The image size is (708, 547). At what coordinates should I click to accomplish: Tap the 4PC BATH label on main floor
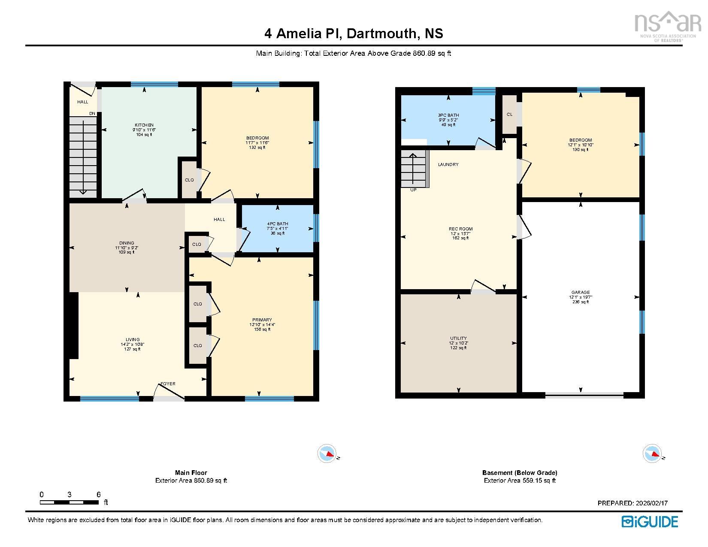pyautogui.click(x=278, y=224)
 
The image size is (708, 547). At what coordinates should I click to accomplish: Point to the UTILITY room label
pyautogui.click(x=459, y=338)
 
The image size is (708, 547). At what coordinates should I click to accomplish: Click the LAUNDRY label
pyautogui.click(x=448, y=165)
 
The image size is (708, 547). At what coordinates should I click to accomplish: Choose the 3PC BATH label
pyautogui.click(x=448, y=115)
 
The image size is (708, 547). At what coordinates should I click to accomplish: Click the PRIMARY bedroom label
pyautogui.click(x=262, y=320)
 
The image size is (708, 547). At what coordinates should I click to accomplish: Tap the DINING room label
pyautogui.click(x=127, y=243)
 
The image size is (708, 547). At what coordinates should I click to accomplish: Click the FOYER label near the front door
pyautogui.click(x=168, y=384)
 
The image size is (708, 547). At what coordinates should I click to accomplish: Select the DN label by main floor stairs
pyautogui.click(x=92, y=114)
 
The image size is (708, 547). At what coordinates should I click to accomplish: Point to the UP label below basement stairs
pyautogui.click(x=413, y=190)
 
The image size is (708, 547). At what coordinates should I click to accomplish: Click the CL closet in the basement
pyautogui.click(x=509, y=115)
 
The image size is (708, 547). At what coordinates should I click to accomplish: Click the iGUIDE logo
pyautogui.click(x=650, y=522)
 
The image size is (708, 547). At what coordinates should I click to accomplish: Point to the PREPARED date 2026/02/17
pyautogui.click(x=632, y=503)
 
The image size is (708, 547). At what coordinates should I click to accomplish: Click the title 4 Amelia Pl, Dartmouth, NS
pyautogui.click(x=354, y=33)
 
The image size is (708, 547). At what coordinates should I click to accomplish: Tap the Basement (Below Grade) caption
pyautogui.click(x=520, y=473)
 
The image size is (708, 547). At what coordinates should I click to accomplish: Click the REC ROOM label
pyautogui.click(x=460, y=229)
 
